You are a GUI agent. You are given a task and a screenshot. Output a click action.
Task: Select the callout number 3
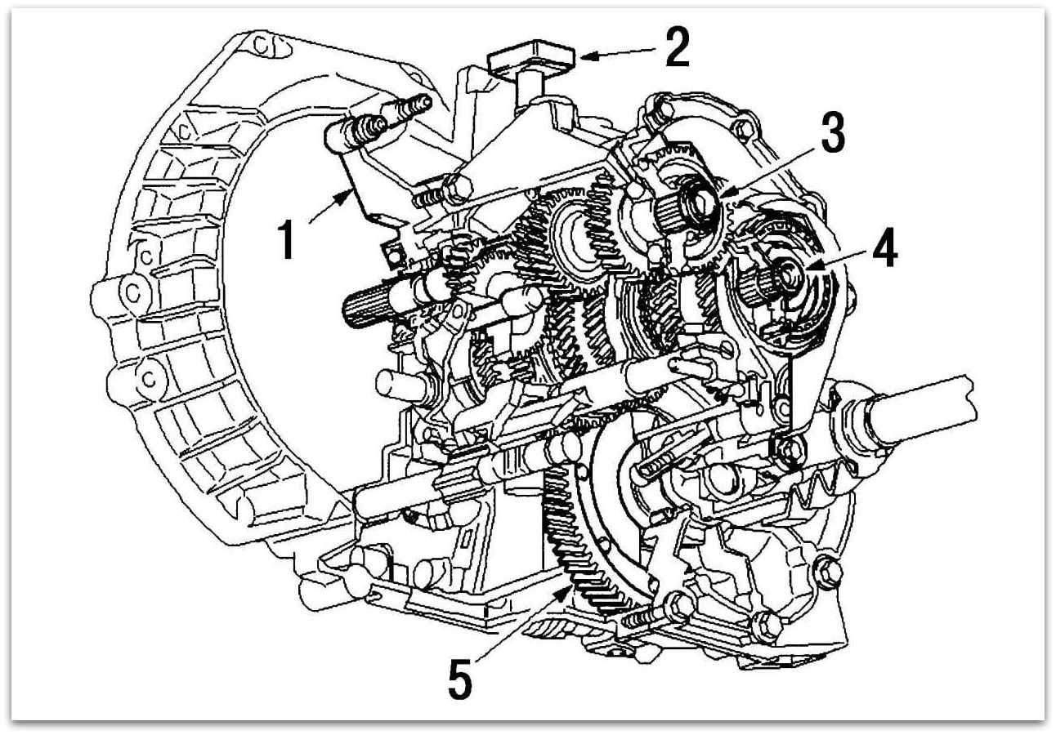[x=833, y=136]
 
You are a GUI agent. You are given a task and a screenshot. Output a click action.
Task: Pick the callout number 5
[x=460, y=680]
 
